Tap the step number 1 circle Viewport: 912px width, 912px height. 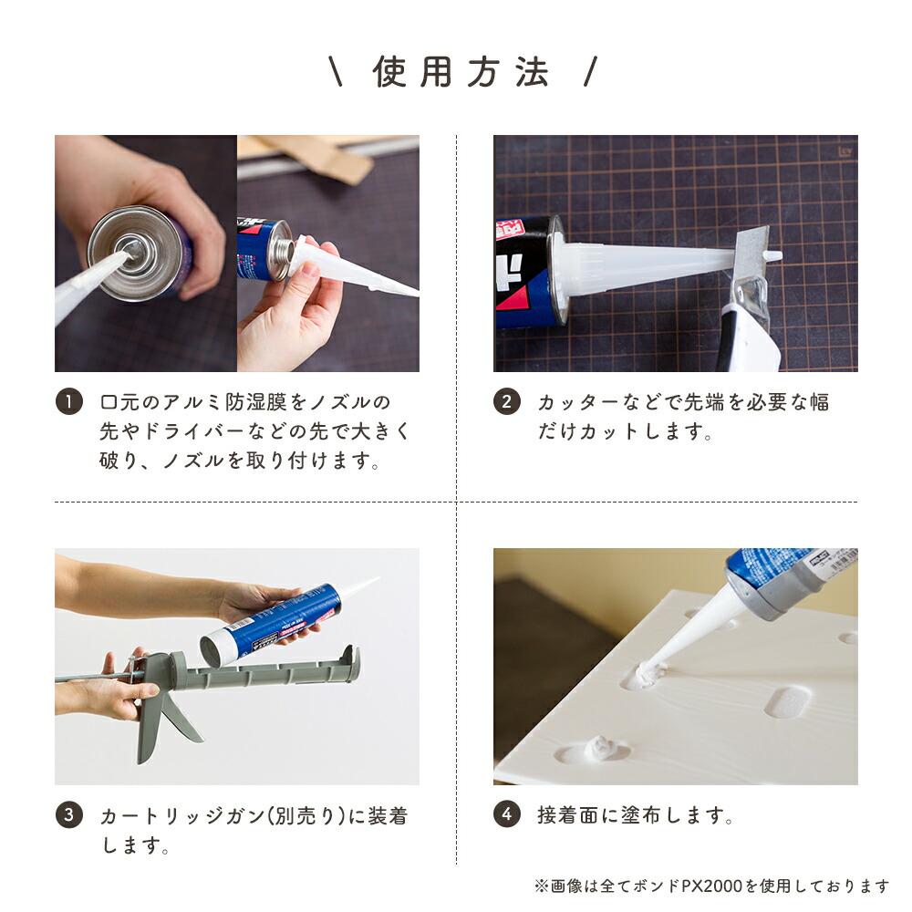68,402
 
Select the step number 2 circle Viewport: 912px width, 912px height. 507,402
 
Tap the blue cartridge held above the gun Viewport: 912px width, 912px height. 274,620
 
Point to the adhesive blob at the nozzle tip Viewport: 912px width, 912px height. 645,676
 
